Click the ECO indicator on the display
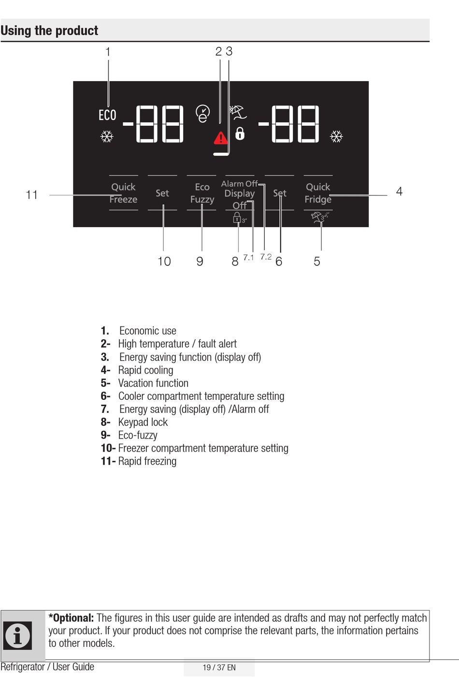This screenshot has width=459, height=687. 107,115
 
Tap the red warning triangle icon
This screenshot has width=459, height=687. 221,138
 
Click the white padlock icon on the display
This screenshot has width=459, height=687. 240,133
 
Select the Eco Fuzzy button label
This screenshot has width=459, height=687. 202,193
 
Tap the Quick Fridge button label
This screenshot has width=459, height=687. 318,193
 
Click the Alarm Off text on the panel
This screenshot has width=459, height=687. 239,184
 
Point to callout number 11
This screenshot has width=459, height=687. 32,195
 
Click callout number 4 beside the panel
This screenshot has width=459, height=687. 399,191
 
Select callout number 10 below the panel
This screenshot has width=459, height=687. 164,262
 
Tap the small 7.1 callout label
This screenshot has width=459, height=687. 248,258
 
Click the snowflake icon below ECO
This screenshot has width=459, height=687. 107,136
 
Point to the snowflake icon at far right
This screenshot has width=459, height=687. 336,136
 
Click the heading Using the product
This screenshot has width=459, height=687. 49,31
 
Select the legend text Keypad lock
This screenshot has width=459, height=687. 143,422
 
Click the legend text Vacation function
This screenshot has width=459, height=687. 153,383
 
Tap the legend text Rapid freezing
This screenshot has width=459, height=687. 147,461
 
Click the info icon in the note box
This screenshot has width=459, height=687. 18,635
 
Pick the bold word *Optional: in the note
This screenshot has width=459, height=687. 71,618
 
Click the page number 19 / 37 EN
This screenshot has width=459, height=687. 219,668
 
